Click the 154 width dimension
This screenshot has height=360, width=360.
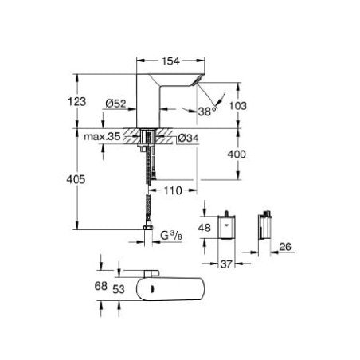pyautogui.click(x=170, y=61)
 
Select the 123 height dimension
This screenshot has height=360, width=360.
pyautogui.click(x=77, y=102)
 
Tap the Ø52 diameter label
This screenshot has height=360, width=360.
pyautogui.click(x=115, y=104)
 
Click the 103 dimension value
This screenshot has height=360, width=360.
pyautogui.click(x=237, y=106)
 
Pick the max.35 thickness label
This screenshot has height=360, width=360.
pyautogui.click(x=102, y=136)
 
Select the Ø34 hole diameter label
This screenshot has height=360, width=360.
pyautogui.click(x=188, y=138)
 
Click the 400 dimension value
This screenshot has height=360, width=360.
pyautogui.click(x=237, y=154)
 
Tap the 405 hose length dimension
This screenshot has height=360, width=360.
pyautogui.click(x=76, y=179)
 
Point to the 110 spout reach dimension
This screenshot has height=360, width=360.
pyautogui.click(x=173, y=190)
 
